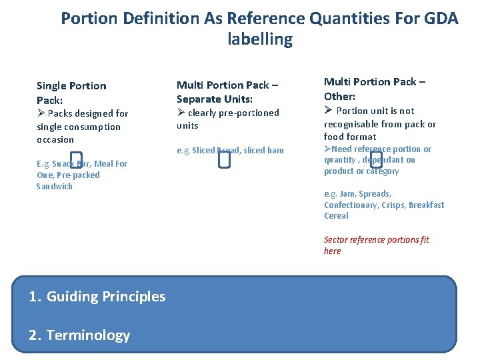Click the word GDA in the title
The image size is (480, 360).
(x=441, y=18)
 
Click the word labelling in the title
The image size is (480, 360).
(x=260, y=39)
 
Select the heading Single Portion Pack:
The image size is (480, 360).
(x=71, y=93)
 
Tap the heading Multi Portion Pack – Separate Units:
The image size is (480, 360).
(x=227, y=91)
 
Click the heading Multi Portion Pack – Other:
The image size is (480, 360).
(x=375, y=89)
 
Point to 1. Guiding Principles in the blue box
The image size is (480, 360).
(x=97, y=297)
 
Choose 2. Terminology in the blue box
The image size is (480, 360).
(x=79, y=335)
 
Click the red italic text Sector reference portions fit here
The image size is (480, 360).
(x=376, y=245)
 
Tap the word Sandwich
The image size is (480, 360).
(x=55, y=187)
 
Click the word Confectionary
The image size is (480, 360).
(x=351, y=205)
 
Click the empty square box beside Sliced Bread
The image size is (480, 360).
(x=224, y=159)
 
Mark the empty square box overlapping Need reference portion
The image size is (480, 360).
(x=376, y=158)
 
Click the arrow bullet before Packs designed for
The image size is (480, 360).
(x=41, y=113)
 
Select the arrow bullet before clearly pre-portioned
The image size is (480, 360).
(x=181, y=113)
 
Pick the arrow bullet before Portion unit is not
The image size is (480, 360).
(x=328, y=111)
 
